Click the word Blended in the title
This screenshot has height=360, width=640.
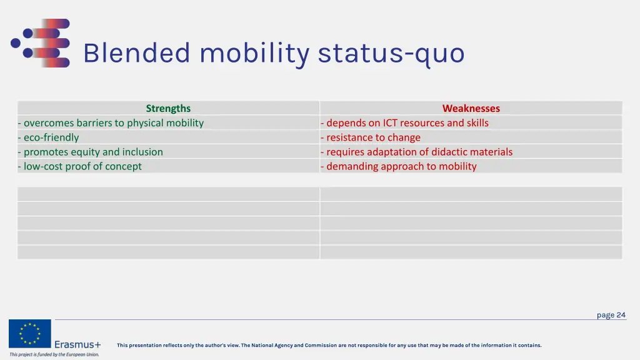(136, 53)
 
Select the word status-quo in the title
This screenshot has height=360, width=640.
(391, 53)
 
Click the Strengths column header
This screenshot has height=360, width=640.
(168, 108)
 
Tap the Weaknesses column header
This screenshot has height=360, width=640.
(471, 108)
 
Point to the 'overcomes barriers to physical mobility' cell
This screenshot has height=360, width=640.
(111, 122)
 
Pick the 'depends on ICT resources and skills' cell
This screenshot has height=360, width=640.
(404, 122)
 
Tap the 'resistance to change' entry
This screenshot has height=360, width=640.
(371, 137)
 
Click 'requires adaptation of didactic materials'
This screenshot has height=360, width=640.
(416, 152)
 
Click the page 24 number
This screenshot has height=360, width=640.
(611, 315)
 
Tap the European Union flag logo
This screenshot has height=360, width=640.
(29, 334)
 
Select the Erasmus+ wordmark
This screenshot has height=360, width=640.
(77, 344)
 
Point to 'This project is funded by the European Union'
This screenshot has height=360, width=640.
(54, 354)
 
